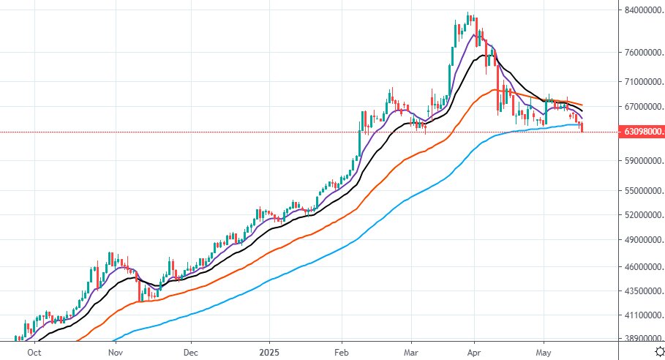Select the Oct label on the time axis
click(x=33, y=351)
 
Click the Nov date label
click(x=114, y=351)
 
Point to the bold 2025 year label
click(x=269, y=351)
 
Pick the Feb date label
click(x=342, y=351)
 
